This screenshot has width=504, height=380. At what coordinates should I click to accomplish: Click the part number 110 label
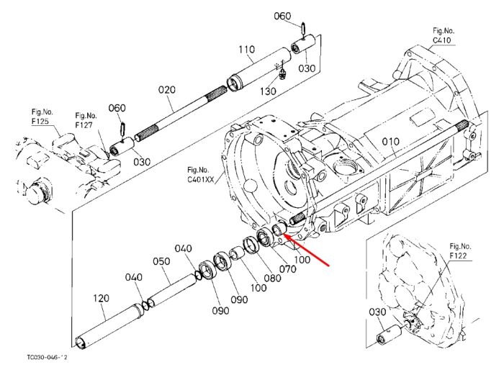(246, 50)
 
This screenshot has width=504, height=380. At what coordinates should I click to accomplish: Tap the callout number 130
(268, 91)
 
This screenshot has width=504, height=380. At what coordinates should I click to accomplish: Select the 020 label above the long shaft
(167, 90)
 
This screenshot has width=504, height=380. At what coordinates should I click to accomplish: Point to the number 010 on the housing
(391, 141)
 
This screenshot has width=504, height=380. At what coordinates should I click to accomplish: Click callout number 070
(288, 268)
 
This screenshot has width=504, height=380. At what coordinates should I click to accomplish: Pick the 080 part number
(272, 278)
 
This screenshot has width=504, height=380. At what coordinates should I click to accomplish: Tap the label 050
(161, 261)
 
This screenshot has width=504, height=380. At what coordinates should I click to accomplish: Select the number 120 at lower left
(101, 299)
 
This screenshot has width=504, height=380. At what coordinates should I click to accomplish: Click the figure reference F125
(40, 122)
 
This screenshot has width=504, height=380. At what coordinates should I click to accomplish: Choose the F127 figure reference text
(84, 125)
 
